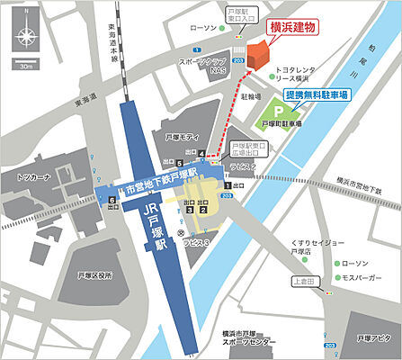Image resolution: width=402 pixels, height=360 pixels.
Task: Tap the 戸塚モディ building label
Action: click(183, 135)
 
